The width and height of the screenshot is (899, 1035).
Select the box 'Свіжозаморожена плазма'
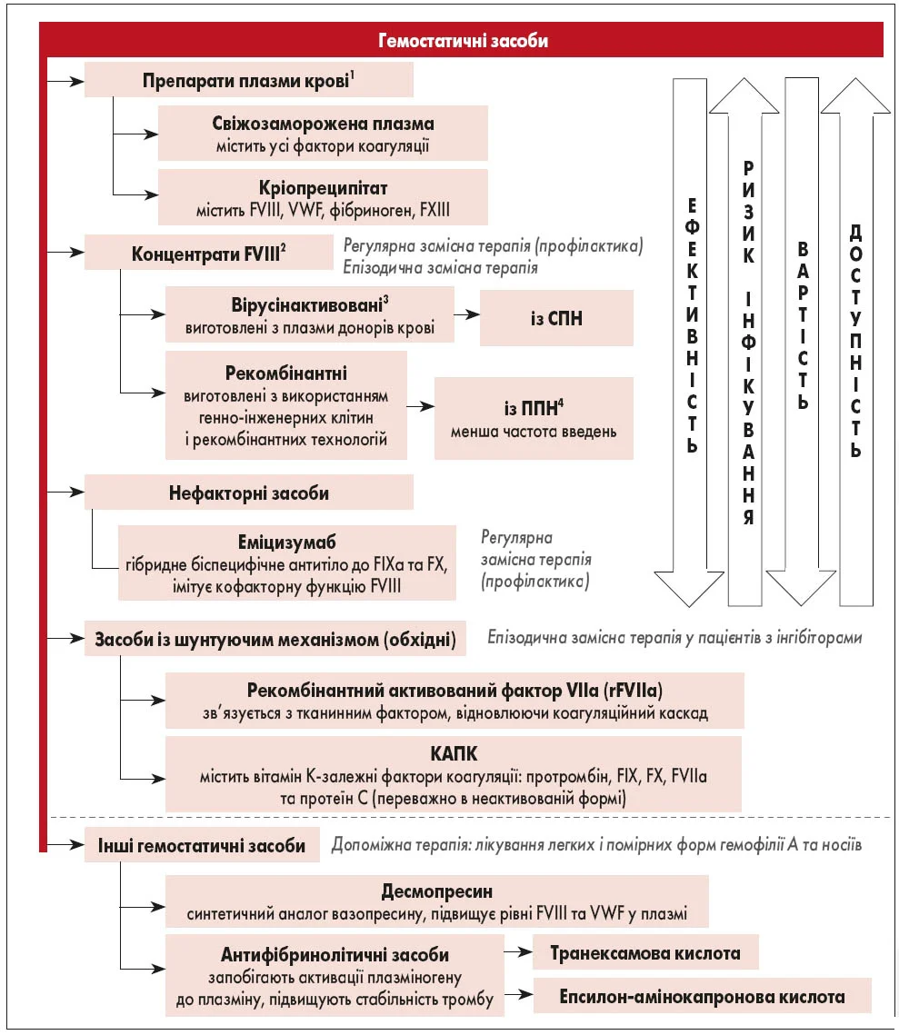(323, 133)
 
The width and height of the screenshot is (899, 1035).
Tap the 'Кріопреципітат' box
(323, 196)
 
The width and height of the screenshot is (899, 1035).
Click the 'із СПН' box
(556, 317)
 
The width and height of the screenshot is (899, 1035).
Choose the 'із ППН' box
(534, 419)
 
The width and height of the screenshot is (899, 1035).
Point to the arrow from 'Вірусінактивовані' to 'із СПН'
(466, 314)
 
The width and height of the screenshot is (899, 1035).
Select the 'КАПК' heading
(453, 754)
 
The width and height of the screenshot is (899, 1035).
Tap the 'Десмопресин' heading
(436, 891)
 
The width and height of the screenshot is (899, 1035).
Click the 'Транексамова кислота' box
(645, 953)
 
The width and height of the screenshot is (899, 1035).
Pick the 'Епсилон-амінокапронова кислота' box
(702, 996)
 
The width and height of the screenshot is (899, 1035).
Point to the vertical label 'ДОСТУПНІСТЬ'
(855, 340)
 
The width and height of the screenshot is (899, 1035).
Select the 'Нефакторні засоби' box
(249, 493)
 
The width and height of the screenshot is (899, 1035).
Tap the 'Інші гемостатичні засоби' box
(202, 845)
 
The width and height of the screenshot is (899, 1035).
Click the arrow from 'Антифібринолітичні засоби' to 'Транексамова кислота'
(517, 952)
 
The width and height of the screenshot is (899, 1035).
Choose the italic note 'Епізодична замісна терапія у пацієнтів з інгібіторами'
(674, 637)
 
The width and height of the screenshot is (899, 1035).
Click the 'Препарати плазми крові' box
(249, 80)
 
